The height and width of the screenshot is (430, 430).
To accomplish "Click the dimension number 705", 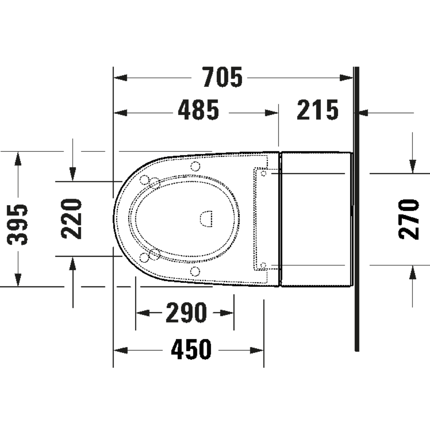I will [223, 78].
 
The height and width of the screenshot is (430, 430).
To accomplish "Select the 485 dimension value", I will [199, 111].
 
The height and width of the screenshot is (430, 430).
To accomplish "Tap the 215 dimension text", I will [318, 111].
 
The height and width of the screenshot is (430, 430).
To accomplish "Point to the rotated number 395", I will [18, 224].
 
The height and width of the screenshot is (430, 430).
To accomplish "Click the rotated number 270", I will [409, 219].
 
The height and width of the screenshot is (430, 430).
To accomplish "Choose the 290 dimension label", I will [186, 313].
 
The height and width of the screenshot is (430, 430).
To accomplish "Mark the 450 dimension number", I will [191, 349].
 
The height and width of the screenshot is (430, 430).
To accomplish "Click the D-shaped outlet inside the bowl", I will [206, 219].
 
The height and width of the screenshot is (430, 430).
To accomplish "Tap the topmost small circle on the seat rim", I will [195, 166].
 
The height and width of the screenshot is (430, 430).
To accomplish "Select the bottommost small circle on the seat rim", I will [195, 271].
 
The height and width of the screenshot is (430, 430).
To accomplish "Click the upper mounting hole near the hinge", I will [264, 173].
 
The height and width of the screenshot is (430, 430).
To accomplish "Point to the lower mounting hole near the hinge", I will [264, 264].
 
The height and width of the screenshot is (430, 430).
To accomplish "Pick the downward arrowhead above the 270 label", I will [413, 166].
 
